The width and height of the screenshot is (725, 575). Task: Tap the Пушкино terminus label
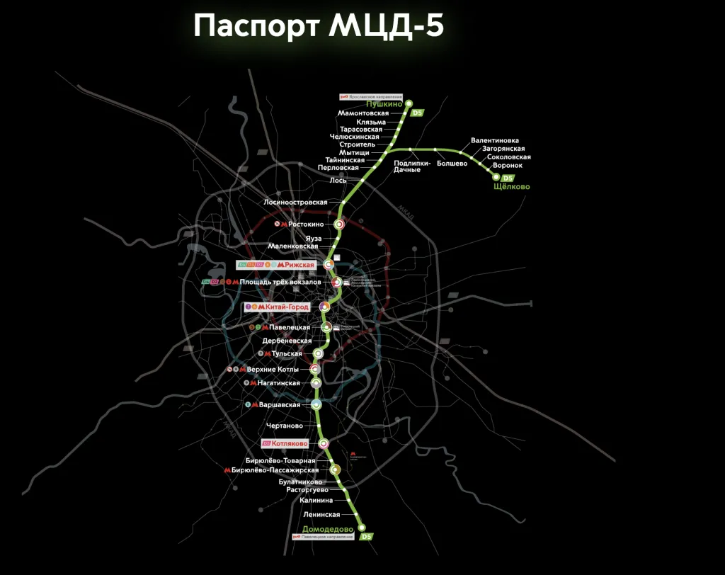384,105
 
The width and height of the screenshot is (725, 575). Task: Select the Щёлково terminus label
511,187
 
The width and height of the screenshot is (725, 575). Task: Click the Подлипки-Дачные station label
411,166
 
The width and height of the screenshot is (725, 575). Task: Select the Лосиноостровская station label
295,203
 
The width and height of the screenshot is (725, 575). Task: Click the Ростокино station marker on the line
340,224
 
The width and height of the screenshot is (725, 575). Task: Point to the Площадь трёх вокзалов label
280,282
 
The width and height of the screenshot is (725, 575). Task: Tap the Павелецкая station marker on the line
326,327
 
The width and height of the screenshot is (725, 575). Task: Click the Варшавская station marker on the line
317,404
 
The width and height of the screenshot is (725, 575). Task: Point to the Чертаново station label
285,426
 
